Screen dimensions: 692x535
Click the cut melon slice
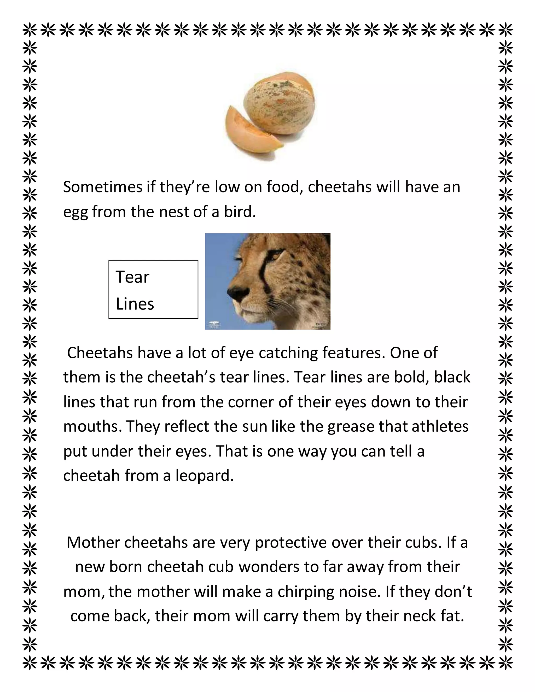coord(250,133)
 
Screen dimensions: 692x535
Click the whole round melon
coord(279,104)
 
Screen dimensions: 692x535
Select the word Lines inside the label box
coord(135,304)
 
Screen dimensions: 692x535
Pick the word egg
coord(75,212)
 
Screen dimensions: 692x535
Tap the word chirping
coord(306,592)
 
